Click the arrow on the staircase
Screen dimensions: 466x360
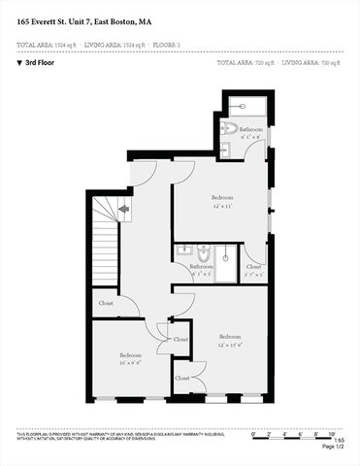[x=122, y=208]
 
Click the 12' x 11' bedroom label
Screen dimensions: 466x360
[x=222, y=201]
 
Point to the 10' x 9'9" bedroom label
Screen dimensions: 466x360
[x=131, y=358]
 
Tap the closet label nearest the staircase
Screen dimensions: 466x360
[x=106, y=304]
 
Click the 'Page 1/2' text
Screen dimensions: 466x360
[x=332, y=447]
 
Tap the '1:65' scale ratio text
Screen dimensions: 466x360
[x=339, y=440]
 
